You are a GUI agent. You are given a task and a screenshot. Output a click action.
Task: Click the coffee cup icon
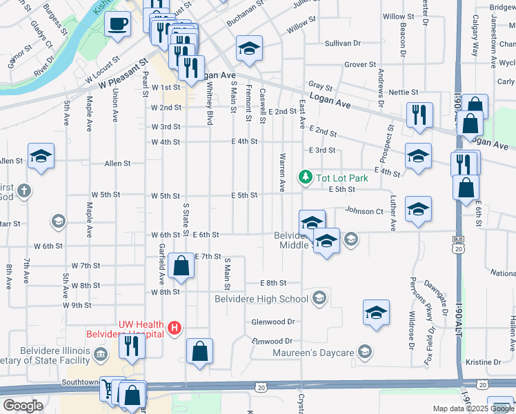point(117,25)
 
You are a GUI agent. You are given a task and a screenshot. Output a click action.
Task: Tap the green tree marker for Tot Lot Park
point(305,178)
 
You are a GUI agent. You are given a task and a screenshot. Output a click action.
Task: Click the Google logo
point(23,406)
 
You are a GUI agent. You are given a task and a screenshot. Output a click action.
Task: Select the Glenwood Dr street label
point(273,322)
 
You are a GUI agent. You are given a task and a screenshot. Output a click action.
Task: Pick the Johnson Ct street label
point(364,211)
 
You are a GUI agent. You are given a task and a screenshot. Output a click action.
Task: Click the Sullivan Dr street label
point(343,43)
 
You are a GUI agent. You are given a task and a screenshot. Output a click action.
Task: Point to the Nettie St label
point(404,92)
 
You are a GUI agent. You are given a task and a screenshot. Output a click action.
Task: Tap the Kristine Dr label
point(483,362)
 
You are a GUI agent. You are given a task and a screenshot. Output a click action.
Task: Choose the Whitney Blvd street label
point(209,103)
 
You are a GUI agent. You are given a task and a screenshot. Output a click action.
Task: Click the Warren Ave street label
point(281,177)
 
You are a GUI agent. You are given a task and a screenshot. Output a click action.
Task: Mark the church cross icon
point(23,190)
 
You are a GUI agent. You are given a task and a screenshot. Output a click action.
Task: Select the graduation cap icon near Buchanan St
point(249,48)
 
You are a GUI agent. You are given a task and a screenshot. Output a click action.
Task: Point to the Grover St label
point(359,65)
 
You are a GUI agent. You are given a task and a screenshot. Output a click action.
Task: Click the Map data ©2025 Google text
point(473,408)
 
